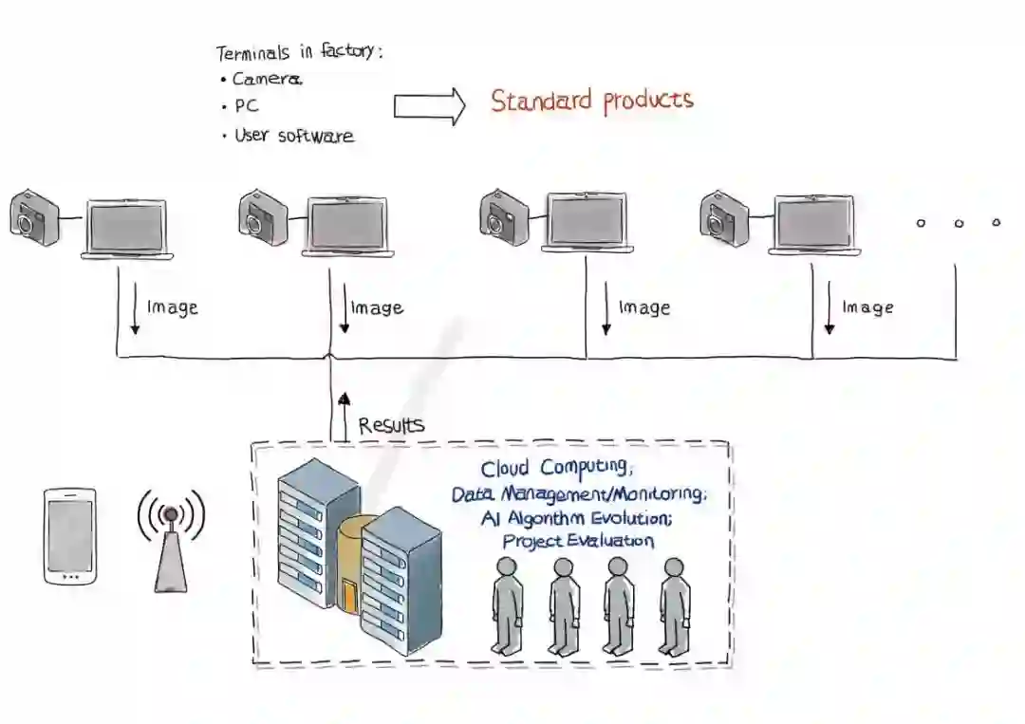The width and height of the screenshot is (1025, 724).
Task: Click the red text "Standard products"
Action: (x=591, y=101)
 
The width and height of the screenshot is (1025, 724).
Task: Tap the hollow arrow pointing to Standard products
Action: (x=429, y=106)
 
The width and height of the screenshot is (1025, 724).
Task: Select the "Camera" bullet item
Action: (x=267, y=80)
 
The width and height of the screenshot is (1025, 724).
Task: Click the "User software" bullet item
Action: (x=293, y=136)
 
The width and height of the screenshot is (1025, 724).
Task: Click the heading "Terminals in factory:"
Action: (x=299, y=52)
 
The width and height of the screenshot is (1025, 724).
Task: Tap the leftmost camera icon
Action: (x=34, y=217)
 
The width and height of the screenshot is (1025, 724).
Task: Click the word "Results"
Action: (x=391, y=424)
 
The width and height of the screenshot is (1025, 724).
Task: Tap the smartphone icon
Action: (x=70, y=536)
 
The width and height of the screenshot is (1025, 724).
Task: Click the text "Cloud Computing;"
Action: (x=555, y=468)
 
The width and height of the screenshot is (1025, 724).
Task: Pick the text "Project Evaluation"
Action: (x=578, y=541)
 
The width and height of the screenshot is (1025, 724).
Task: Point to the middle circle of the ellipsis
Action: (x=959, y=224)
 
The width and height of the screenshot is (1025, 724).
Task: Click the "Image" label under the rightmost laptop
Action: (x=867, y=307)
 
